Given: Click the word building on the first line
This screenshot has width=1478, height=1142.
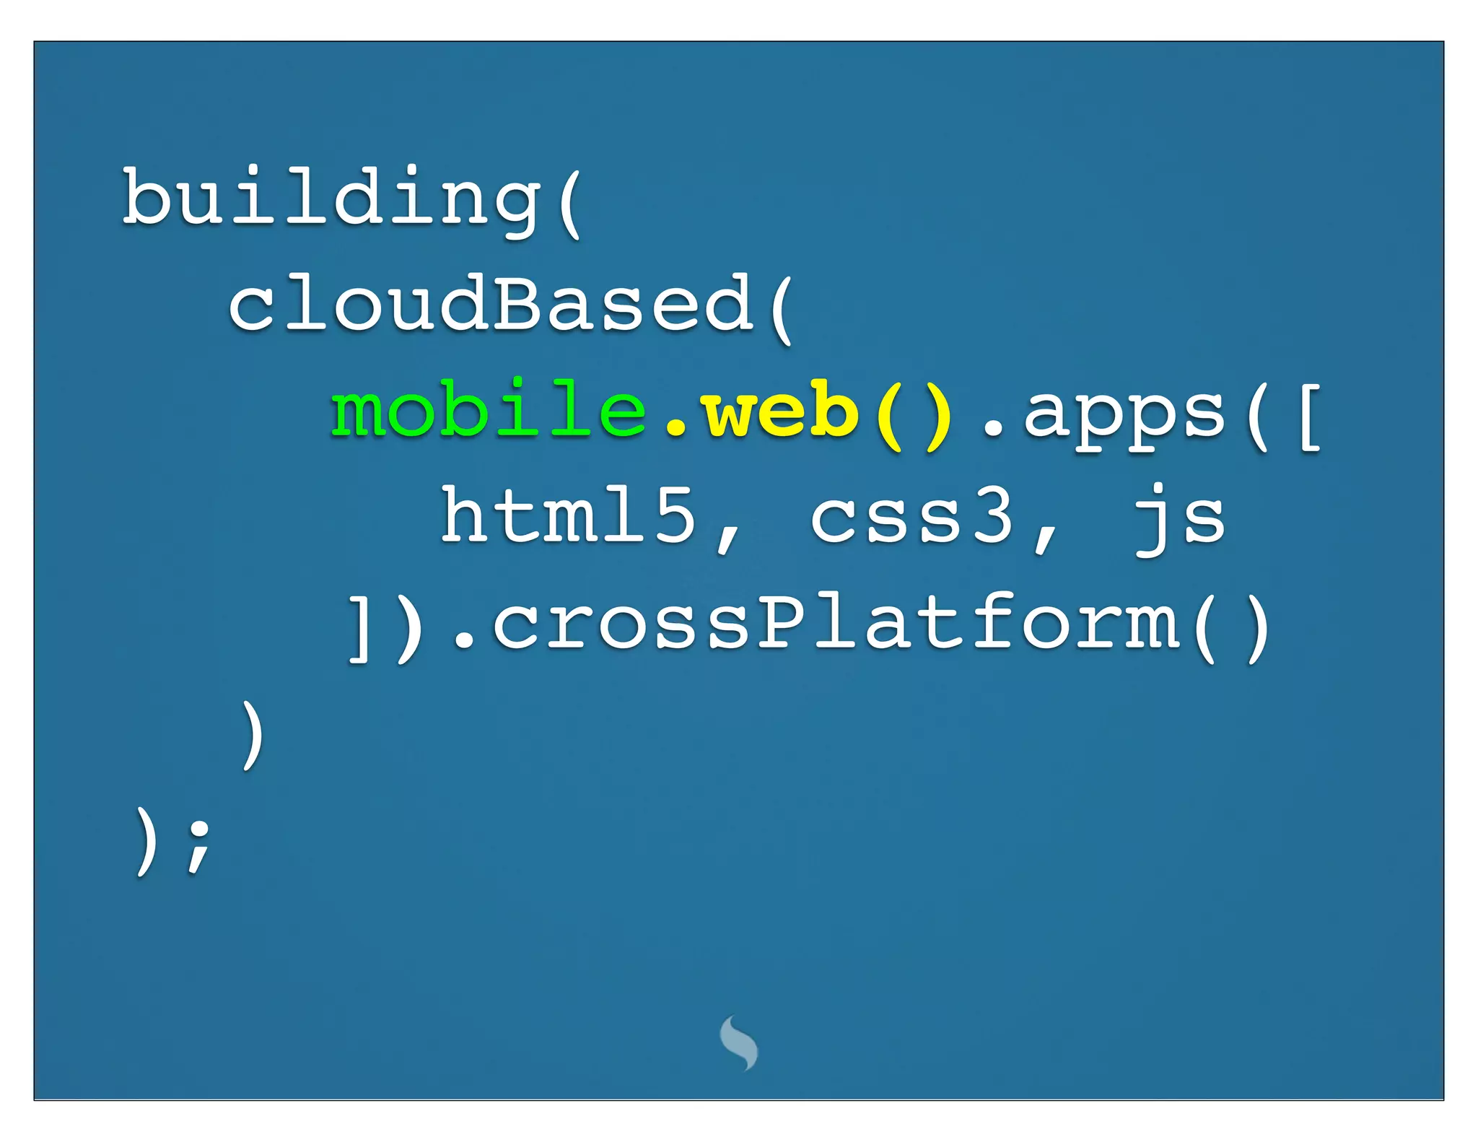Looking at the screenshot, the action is click(x=332, y=199).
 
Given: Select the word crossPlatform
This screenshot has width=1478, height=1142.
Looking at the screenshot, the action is click(x=837, y=624).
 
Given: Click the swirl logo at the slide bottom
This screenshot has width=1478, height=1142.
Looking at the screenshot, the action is click(x=739, y=1042).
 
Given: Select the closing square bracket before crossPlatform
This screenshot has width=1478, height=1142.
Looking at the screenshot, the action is click(x=359, y=628).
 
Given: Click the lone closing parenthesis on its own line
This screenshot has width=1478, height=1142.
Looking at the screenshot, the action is click(x=252, y=735).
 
